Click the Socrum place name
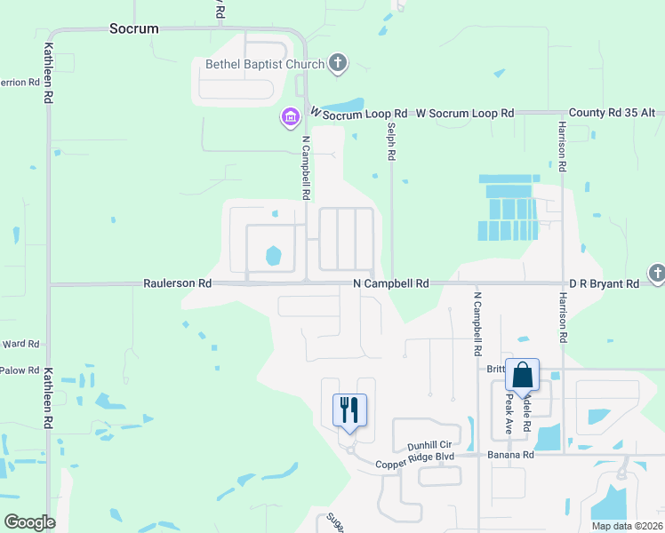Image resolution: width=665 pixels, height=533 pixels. click(x=133, y=28)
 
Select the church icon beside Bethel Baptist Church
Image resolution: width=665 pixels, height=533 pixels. click(x=337, y=63)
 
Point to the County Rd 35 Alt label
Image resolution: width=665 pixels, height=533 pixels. click(x=612, y=114)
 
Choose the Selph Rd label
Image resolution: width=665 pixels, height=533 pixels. click(x=390, y=141)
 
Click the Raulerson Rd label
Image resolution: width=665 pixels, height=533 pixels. click(x=178, y=283)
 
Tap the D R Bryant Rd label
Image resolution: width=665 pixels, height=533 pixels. click(x=604, y=283)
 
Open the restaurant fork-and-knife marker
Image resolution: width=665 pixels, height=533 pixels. click(x=349, y=410)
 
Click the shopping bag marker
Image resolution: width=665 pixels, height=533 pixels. click(x=522, y=375)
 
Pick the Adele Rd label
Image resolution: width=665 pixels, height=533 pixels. click(x=525, y=413)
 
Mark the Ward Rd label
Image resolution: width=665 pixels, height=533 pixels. click(x=20, y=344)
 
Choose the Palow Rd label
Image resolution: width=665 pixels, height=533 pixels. click(x=20, y=370)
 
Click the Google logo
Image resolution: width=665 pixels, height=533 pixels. click(x=29, y=522)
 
